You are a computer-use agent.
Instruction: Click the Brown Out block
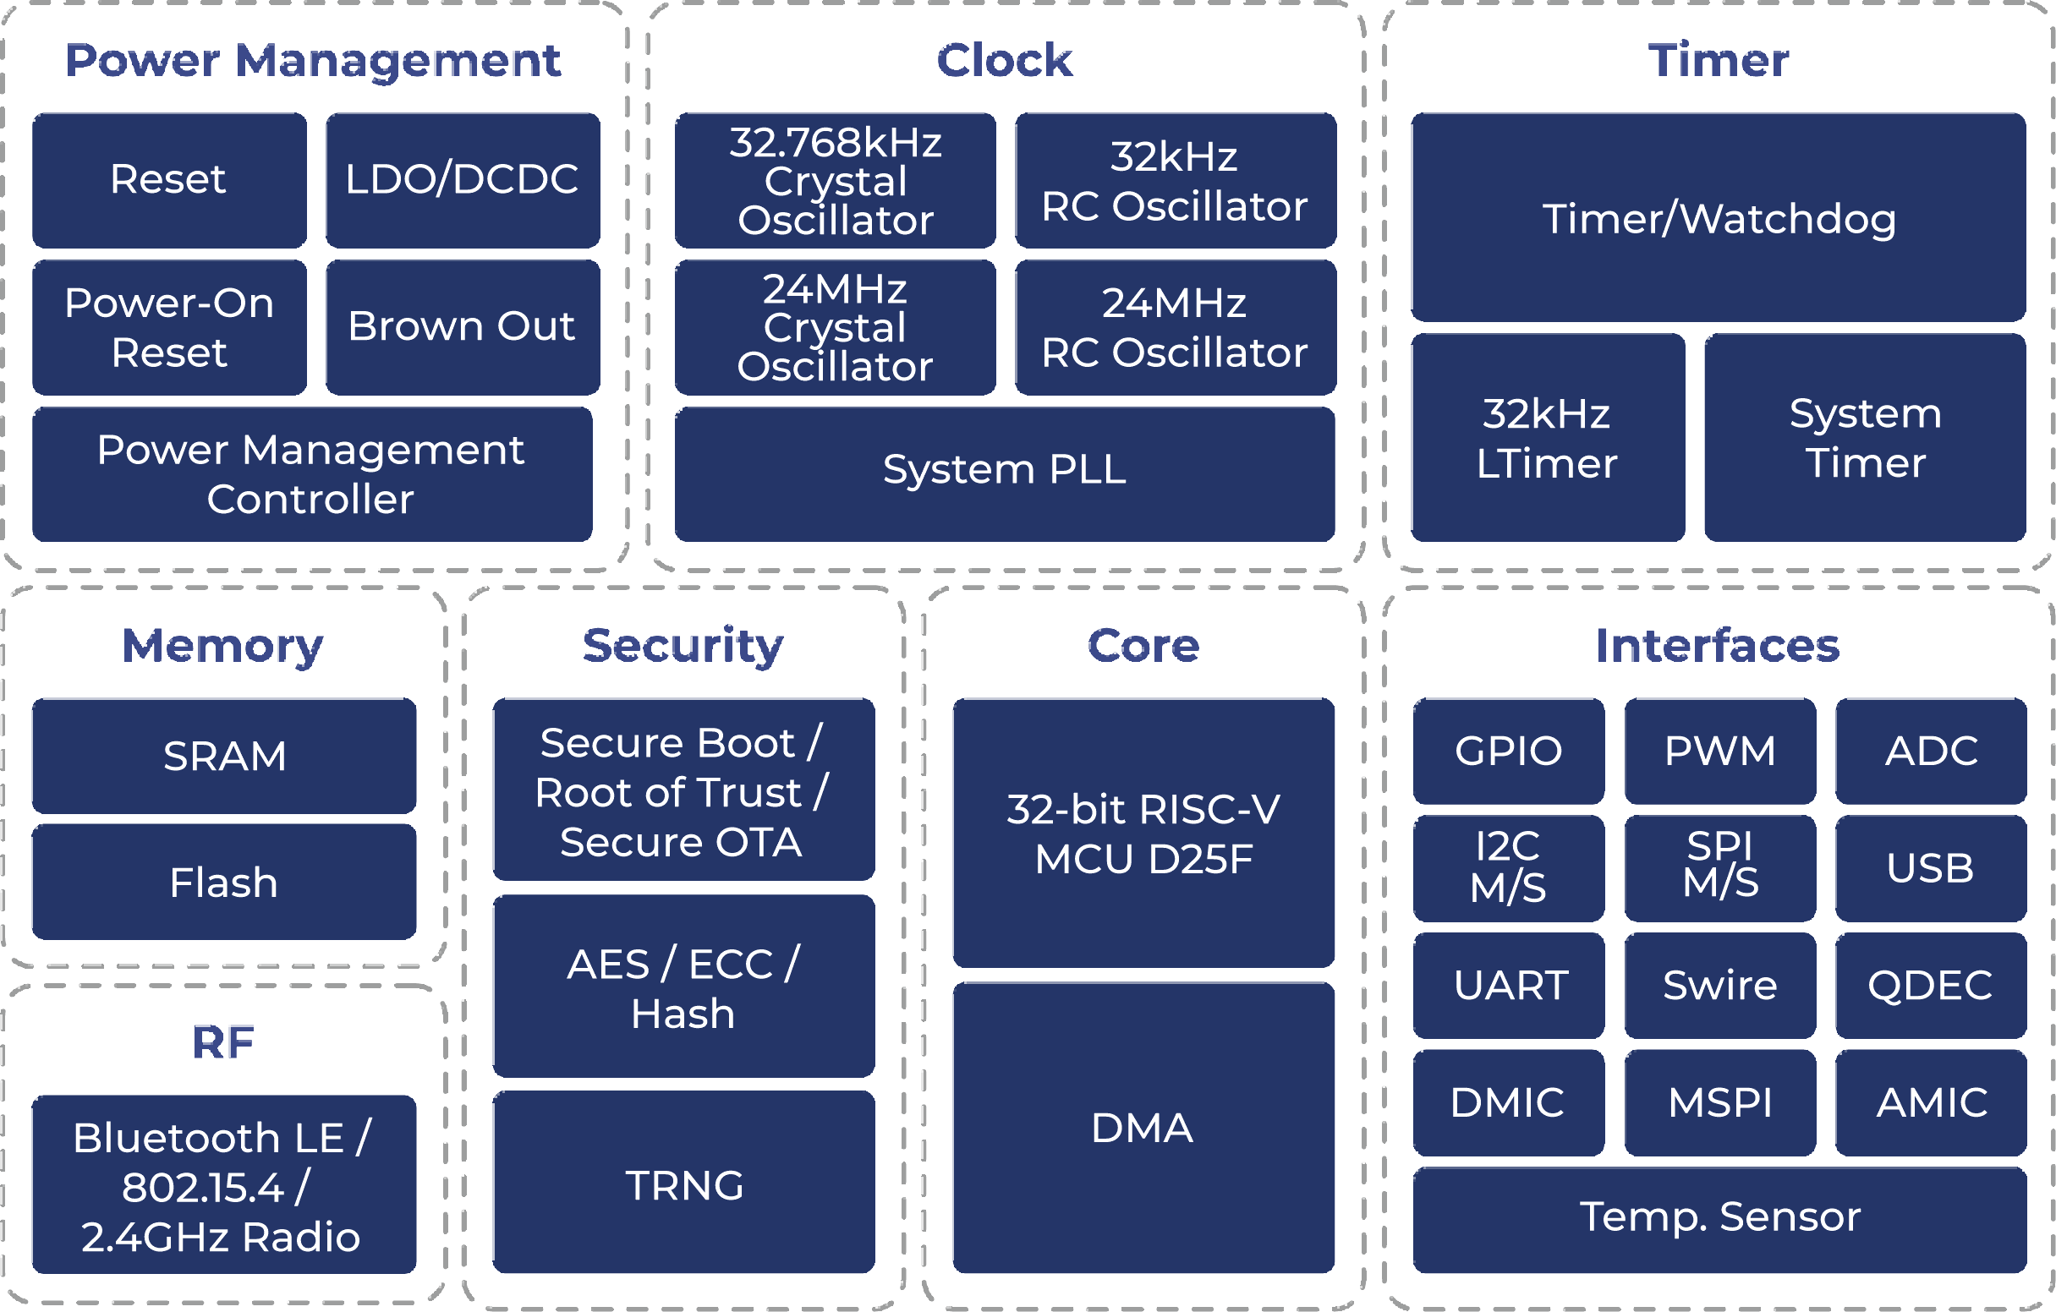462,327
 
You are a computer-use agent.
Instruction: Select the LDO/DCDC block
462,180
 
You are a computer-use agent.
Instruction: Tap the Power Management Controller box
311,473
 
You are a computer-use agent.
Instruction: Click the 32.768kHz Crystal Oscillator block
835,180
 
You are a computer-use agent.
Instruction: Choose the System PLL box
1004,473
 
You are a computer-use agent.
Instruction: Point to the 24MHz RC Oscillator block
1175,327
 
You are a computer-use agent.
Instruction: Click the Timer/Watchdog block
1718,217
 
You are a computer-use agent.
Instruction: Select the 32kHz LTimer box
1547,437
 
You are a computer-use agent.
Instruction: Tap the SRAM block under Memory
224,756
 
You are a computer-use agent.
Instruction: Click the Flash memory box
224,882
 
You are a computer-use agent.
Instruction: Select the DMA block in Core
1143,1127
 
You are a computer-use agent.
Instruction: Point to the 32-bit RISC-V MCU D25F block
1143,833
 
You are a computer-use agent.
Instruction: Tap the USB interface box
1931,868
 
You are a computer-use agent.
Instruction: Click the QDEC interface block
1931,985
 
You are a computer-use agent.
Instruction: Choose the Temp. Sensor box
1719,1219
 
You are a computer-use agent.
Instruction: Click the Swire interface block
1719,985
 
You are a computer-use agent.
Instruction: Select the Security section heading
683,645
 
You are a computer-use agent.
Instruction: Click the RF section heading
224,1042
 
